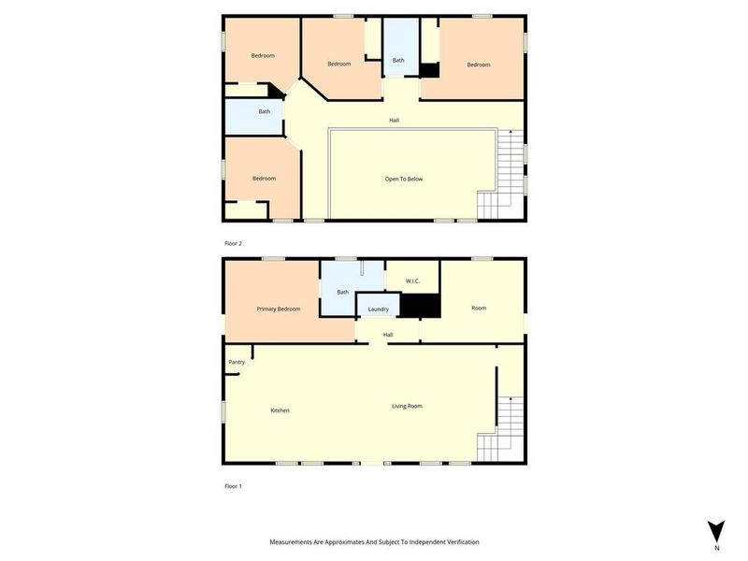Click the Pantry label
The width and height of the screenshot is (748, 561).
pyautogui.click(x=237, y=362)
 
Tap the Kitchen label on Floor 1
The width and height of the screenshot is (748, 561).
pyautogui.click(x=280, y=410)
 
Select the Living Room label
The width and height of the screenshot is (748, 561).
pyautogui.click(x=407, y=406)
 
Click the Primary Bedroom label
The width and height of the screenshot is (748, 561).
pyautogui.click(x=279, y=309)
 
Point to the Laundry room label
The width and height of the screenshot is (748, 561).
pyautogui.click(x=379, y=309)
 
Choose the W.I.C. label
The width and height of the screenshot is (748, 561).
pyautogui.click(x=412, y=281)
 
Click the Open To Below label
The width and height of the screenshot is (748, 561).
pyautogui.click(x=404, y=179)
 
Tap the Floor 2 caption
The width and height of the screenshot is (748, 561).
pyautogui.click(x=233, y=243)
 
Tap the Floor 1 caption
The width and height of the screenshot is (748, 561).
pyautogui.click(x=233, y=486)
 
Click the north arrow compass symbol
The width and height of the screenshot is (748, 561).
pyautogui.click(x=716, y=530)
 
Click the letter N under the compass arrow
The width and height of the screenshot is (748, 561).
pyautogui.click(x=716, y=548)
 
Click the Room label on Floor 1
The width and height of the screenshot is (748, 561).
pyautogui.click(x=479, y=308)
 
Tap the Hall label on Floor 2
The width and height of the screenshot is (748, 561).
pyautogui.click(x=396, y=120)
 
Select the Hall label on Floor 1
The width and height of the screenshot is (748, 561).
pyautogui.click(x=387, y=335)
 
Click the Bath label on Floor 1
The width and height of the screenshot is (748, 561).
pyautogui.click(x=343, y=292)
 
